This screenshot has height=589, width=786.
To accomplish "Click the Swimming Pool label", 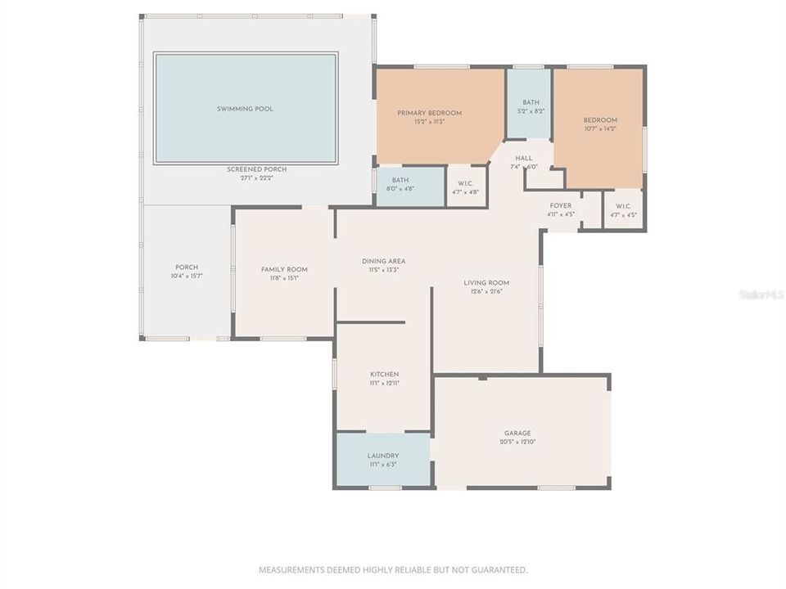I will [245, 109].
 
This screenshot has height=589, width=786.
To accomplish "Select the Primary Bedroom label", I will [429, 113].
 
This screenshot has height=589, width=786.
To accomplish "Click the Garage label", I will [517, 434].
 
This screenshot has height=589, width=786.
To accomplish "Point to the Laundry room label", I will [383, 456].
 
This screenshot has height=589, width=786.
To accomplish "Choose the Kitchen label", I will [383, 375].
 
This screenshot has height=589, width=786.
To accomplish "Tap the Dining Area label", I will [383, 262].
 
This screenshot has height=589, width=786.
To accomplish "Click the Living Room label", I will [486, 283].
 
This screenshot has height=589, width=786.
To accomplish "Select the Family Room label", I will [284, 269].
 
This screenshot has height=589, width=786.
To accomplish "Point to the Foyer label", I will [560, 206].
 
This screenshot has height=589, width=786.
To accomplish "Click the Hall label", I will [524, 158].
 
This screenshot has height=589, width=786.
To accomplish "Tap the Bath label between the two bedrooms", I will [531, 103].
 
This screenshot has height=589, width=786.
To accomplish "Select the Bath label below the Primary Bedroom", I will [400, 180].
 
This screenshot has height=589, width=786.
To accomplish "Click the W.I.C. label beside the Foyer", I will [623, 206].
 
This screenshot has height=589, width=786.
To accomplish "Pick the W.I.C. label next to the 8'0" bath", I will [465, 184].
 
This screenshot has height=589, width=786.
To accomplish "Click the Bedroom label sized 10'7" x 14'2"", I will [600, 120].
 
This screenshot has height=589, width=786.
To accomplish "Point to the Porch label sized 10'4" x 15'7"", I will [187, 268].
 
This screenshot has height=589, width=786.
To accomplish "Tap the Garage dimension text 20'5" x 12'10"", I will [517, 442].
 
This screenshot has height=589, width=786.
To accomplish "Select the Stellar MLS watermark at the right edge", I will [761, 294].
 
